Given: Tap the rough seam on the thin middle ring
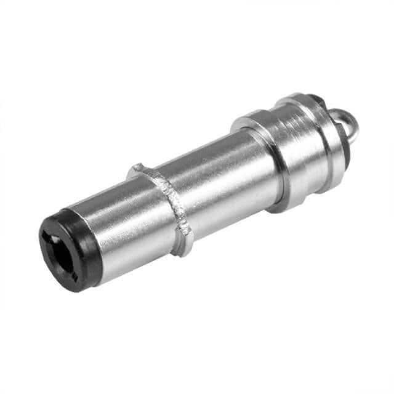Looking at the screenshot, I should tap(175, 200).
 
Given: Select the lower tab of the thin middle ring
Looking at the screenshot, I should tap(183, 246).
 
